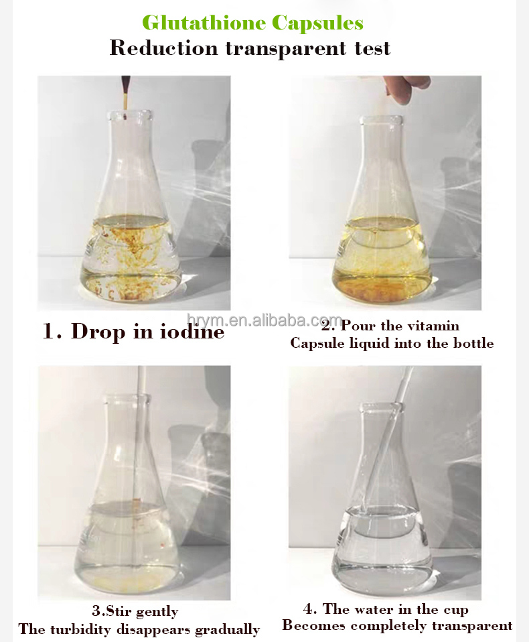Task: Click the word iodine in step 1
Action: [188, 331]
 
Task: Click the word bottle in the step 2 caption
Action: [473, 343]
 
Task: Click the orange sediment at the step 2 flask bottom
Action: [382, 289]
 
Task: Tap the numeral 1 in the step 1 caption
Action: [50, 331]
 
